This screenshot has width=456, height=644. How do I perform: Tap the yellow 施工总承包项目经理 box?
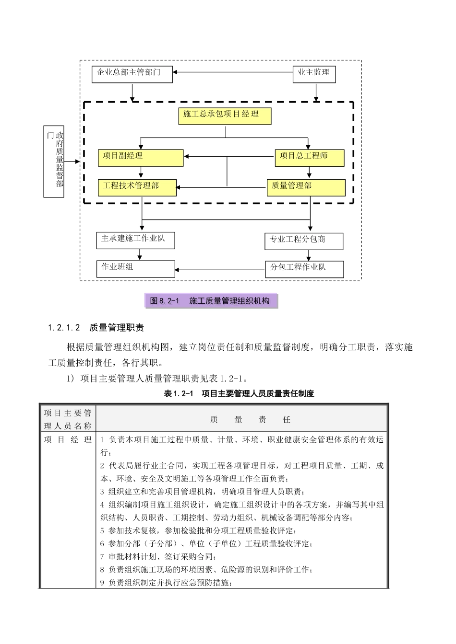point(225,116)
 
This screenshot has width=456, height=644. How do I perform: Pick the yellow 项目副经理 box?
point(141,158)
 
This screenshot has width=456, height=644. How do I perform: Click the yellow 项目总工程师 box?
point(310,158)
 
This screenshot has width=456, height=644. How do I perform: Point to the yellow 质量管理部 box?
point(306,187)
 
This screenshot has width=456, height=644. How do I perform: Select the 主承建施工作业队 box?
point(135,240)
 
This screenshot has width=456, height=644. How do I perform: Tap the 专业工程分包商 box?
point(304,241)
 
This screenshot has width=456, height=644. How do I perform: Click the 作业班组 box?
point(135,268)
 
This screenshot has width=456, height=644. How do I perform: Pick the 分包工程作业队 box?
point(304,269)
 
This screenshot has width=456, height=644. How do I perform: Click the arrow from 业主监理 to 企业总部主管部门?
point(233,72)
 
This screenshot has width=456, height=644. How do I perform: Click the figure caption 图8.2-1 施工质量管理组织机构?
point(212,301)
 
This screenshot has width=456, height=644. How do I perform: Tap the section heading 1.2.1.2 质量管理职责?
point(96,328)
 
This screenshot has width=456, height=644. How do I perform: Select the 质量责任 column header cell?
point(242,419)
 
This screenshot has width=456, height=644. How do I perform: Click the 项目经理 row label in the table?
point(68,439)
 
